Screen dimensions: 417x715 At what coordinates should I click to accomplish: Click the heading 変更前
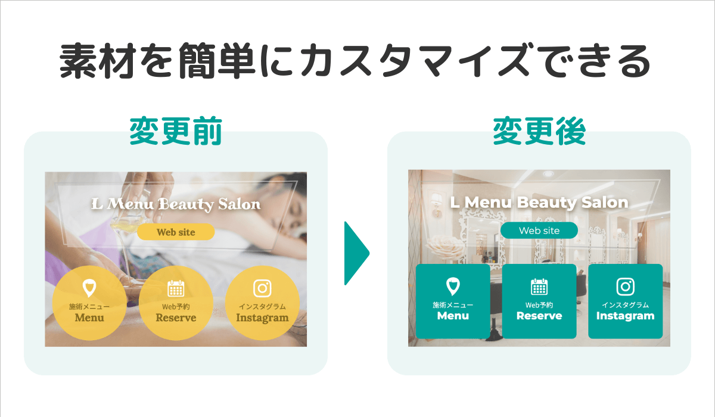coord(176,133)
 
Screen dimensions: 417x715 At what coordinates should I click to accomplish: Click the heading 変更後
coord(539,133)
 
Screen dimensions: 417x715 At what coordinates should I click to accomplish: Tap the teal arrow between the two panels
coord(356,253)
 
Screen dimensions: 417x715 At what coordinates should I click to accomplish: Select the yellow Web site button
coord(176,232)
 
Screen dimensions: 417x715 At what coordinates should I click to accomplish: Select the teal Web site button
coord(539,230)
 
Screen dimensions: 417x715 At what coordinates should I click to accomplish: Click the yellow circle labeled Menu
coord(89,303)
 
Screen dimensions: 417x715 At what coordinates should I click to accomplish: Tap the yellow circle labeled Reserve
coord(176,303)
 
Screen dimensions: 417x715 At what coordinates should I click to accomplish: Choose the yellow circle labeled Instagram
coord(262,303)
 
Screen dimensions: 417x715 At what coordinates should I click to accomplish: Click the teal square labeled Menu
coord(453,301)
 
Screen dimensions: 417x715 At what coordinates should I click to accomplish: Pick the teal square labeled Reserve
coord(539,301)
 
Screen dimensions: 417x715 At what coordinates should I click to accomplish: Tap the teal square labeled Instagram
coord(625,301)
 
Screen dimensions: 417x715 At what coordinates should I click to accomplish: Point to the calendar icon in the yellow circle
coord(176,288)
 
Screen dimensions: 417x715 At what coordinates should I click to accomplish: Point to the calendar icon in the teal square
coord(539,287)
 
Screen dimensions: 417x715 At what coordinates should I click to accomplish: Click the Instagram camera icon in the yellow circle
coord(262,288)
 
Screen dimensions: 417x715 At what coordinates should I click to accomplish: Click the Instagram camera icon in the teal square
coord(625,287)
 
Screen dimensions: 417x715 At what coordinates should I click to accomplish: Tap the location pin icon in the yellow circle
coord(89,288)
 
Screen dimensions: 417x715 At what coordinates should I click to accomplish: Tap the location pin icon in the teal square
coord(453,287)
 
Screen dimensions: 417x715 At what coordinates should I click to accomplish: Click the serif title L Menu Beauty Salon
coord(176,204)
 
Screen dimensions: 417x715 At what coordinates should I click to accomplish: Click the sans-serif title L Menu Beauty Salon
coord(539,202)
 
